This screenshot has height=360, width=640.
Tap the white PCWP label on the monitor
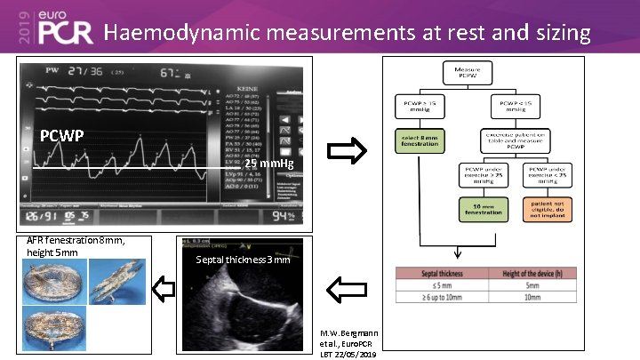(x=62, y=136)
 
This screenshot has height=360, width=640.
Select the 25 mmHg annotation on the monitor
(x=268, y=164)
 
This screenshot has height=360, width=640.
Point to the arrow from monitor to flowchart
(x=347, y=153)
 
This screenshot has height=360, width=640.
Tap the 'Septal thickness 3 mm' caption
(x=242, y=260)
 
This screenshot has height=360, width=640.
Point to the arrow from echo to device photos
(x=164, y=287)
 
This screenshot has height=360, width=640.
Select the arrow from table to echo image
(x=347, y=287)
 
